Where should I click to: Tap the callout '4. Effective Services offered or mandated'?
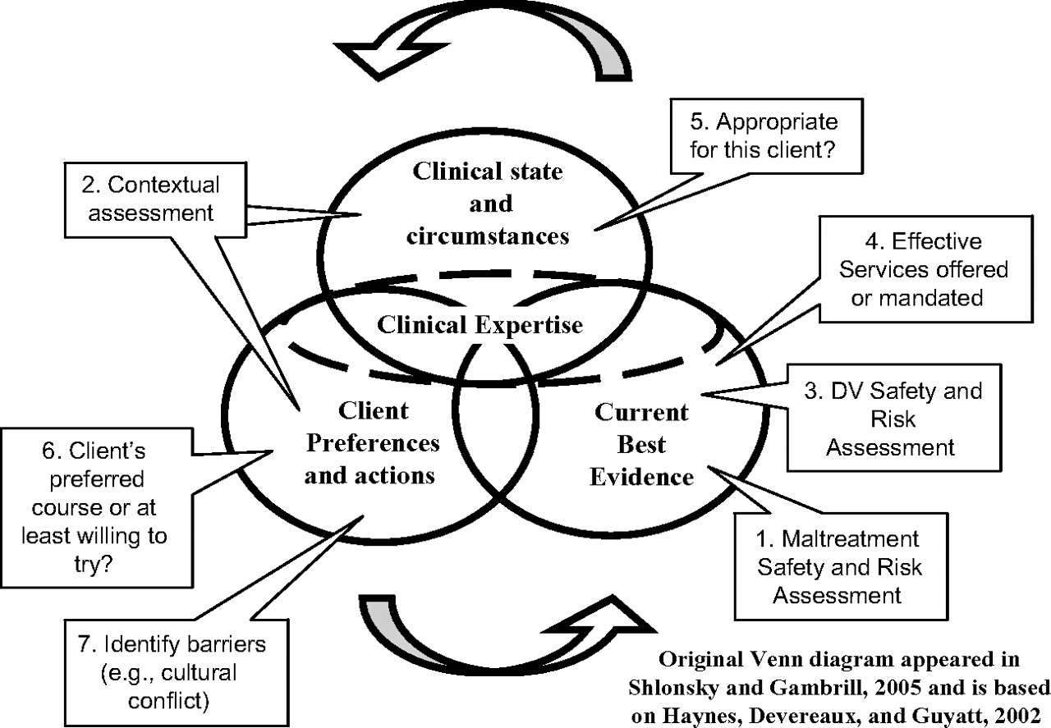point(916,269)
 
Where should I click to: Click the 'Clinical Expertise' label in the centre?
point(480,324)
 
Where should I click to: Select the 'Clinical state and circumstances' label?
point(489,204)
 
